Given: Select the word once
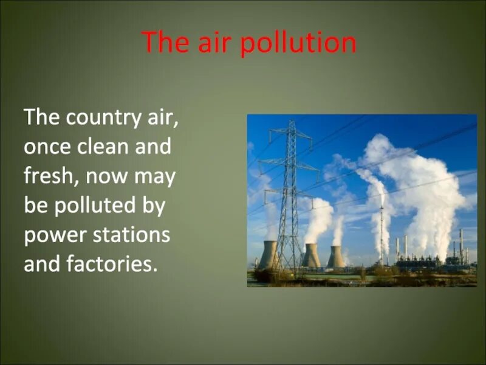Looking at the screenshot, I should (x=47, y=147).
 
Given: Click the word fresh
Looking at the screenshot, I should (x=50, y=176).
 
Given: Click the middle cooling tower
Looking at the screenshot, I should (x=310, y=255).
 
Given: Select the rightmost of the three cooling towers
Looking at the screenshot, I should (x=335, y=257).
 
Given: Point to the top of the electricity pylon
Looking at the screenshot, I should (x=292, y=123).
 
